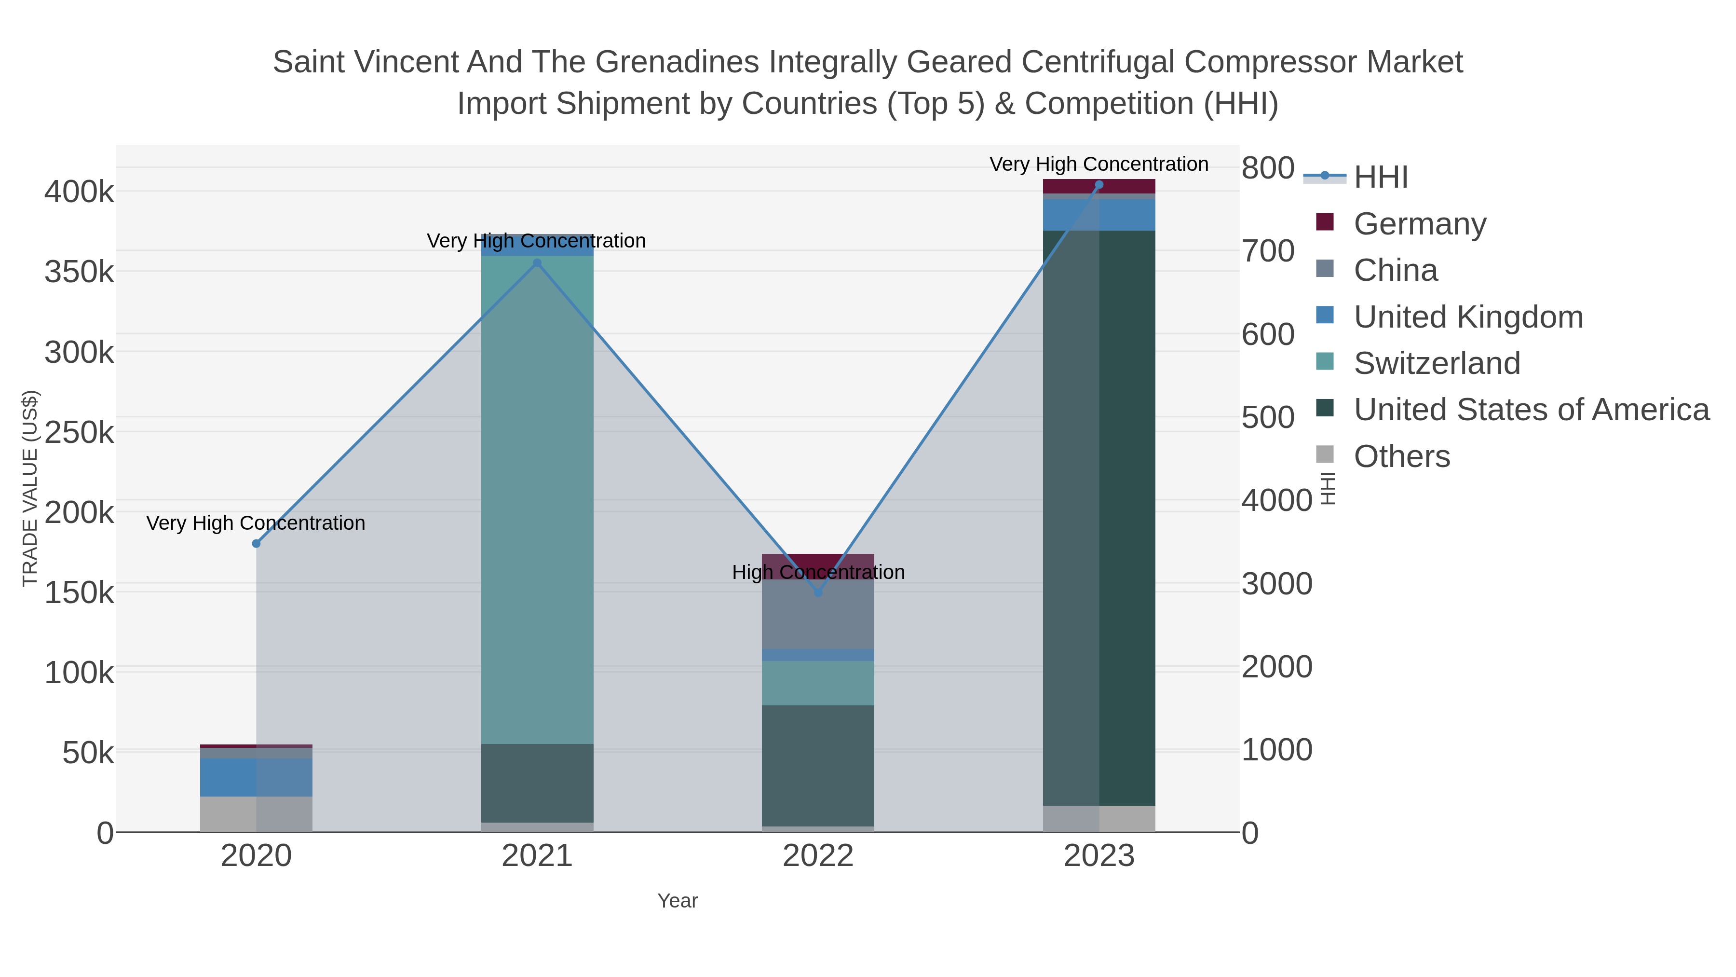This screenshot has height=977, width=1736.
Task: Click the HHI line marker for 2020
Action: point(256,543)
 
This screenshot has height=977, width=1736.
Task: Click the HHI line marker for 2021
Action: point(537,263)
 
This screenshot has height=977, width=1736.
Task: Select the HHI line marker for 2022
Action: point(818,592)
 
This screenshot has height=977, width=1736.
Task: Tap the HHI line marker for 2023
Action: point(1099,185)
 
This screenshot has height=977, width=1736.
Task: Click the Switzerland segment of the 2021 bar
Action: point(537,499)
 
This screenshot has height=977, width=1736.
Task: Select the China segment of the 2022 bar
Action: point(818,614)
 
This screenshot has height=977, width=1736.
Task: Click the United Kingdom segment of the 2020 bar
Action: point(256,777)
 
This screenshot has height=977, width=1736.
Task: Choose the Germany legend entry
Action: point(1419,224)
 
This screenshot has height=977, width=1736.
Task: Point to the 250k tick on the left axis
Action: point(79,432)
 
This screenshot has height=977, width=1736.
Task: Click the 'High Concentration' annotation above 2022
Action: point(818,572)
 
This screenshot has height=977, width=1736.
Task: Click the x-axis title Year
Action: point(678,901)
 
